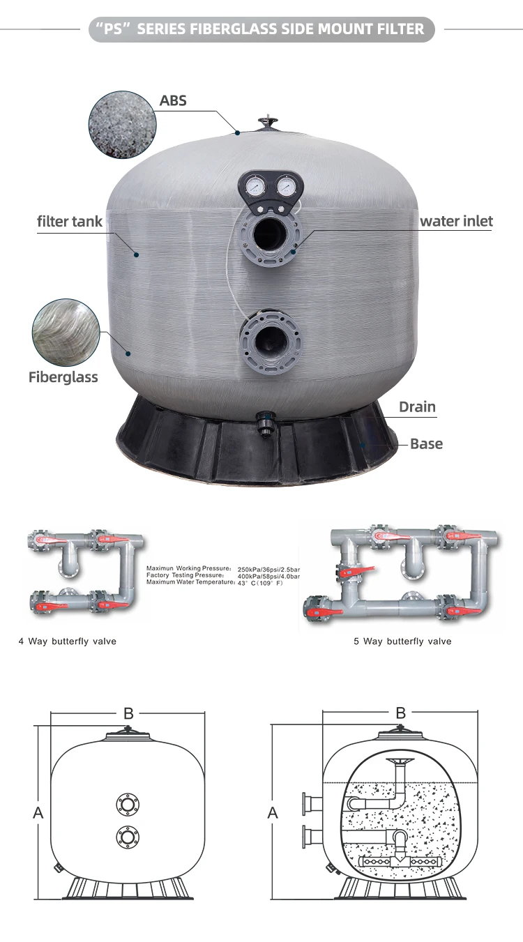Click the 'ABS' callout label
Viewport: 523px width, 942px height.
[x=173, y=100]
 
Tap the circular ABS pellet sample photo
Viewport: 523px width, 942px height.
[x=123, y=125]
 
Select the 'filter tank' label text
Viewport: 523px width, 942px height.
[x=70, y=222]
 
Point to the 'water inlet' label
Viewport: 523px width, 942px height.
[x=456, y=221]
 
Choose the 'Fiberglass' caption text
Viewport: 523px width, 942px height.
[x=63, y=377]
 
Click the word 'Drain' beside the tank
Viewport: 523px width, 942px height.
[x=417, y=407]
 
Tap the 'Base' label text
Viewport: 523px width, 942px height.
[x=426, y=443]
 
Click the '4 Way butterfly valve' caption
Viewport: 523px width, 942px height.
[x=67, y=641]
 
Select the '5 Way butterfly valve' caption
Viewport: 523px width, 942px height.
[x=402, y=641]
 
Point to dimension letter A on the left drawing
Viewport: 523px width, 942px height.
[x=38, y=812]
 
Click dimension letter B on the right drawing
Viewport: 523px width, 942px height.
[x=400, y=713]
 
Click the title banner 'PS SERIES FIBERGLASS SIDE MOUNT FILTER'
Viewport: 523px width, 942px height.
[x=261, y=29]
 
